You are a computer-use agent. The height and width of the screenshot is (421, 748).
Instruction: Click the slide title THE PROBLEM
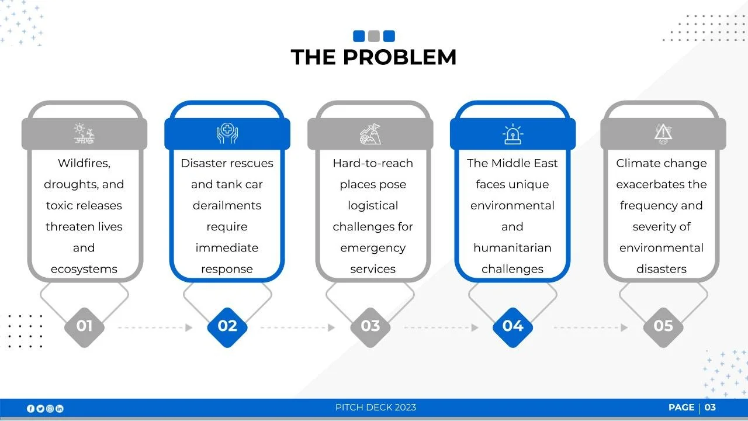tap(373, 57)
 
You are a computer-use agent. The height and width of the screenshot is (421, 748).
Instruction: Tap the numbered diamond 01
tap(84, 326)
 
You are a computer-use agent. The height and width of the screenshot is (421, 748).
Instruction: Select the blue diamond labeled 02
tap(227, 326)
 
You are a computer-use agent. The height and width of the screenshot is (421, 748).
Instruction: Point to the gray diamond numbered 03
tap(370, 326)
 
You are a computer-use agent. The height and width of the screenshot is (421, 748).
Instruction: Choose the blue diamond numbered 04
tap(512, 326)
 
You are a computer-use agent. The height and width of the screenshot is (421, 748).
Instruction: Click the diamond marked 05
tap(663, 326)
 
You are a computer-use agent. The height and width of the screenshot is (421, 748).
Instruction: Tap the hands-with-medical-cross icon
tap(227, 134)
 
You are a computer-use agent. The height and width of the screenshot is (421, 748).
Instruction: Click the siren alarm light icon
tap(512, 134)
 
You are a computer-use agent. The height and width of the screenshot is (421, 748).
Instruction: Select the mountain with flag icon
tap(370, 134)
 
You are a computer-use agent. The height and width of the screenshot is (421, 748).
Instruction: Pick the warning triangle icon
tap(663, 134)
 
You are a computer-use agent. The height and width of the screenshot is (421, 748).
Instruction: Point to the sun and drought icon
tap(84, 134)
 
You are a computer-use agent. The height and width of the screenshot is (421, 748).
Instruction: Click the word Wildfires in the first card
tap(84, 163)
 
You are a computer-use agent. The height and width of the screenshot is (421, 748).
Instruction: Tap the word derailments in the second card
tap(227, 205)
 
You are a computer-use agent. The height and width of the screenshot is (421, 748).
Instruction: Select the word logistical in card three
tap(373, 205)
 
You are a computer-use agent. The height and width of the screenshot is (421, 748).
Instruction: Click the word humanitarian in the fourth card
tap(512, 247)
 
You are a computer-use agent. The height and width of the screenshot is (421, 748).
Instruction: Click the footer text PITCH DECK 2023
tap(376, 408)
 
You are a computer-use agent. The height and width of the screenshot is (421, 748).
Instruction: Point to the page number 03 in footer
tap(710, 408)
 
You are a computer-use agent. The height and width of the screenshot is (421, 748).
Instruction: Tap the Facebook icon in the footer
tap(31, 408)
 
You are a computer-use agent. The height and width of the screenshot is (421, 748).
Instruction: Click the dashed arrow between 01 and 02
tap(155, 327)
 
